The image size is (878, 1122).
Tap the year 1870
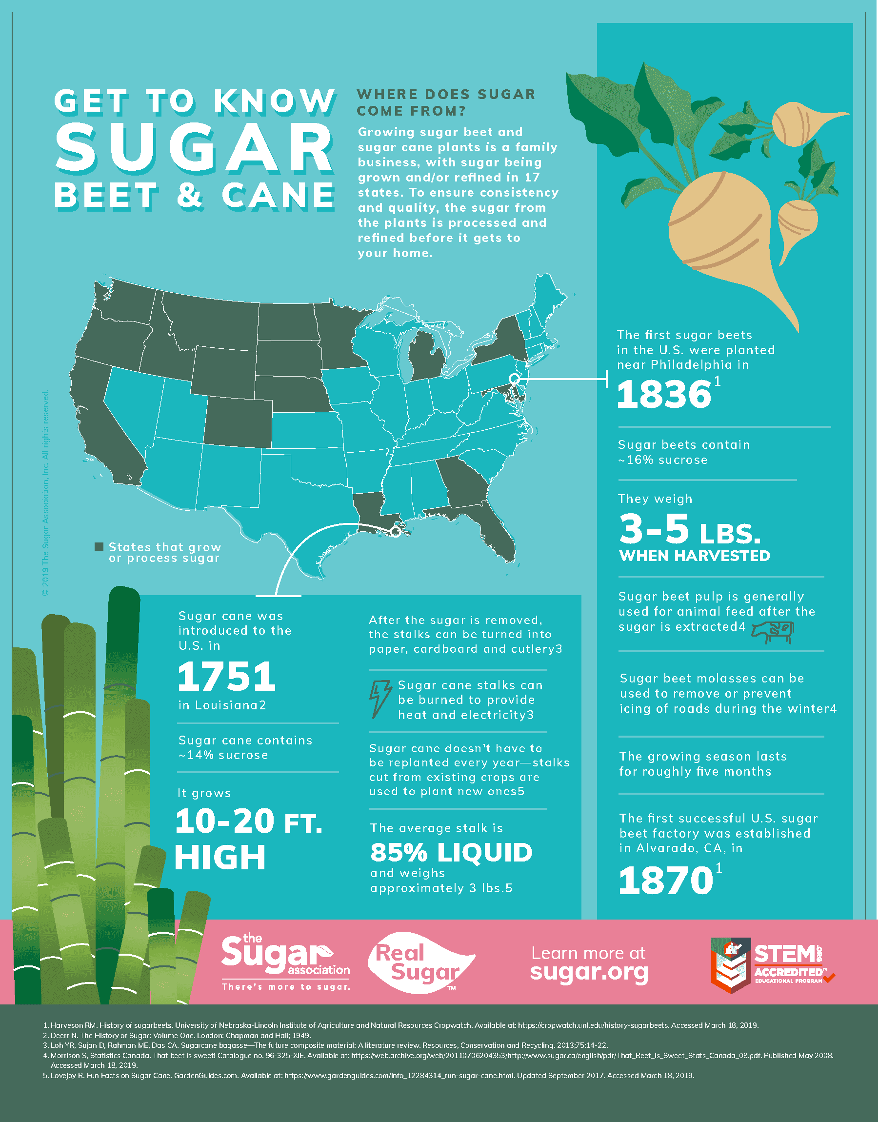tap(665, 881)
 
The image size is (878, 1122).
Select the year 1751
tap(226, 677)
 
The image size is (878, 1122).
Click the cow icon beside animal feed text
tap(774, 632)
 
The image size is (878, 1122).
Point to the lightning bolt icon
tap(380, 699)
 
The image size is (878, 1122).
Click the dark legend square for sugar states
tap(99, 546)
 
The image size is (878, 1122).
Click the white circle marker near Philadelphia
tap(514, 380)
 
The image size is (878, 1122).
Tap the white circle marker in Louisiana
tap(395, 531)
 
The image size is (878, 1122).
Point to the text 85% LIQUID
tap(451, 853)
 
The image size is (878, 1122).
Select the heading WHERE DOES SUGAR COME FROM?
tap(446, 102)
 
